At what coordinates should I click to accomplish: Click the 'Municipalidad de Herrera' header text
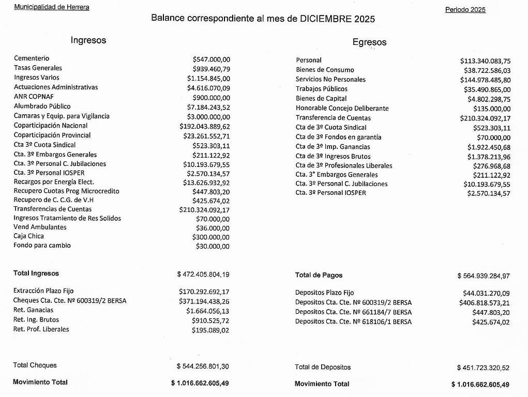click(x=51, y=7)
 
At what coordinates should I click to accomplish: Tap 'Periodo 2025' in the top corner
click(x=465, y=10)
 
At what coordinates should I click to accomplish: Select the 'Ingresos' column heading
click(x=88, y=40)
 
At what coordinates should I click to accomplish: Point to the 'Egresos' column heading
click(x=369, y=42)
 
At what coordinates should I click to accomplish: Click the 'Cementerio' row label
click(x=32, y=58)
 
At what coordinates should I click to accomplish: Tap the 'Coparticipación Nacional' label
click(x=51, y=126)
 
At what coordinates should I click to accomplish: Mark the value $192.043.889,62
click(x=205, y=126)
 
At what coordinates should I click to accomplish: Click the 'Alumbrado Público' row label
click(x=42, y=106)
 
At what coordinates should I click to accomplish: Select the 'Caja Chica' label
click(x=28, y=236)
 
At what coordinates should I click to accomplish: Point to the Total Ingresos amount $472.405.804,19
click(x=203, y=274)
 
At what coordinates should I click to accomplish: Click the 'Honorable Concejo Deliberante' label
click(x=342, y=109)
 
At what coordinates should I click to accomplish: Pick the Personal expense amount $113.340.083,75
click(x=485, y=61)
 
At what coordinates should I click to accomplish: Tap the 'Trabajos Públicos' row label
click(x=322, y=89)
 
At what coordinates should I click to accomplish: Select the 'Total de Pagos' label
click(x=319, y=276)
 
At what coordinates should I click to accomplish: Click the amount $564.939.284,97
click(x=483, y=276)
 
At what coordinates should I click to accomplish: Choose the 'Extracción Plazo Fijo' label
click(x=43, y=291)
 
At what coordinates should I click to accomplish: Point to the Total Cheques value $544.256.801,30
click(x=202, y=367)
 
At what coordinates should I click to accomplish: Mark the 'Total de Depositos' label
click(x=323, y=368)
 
